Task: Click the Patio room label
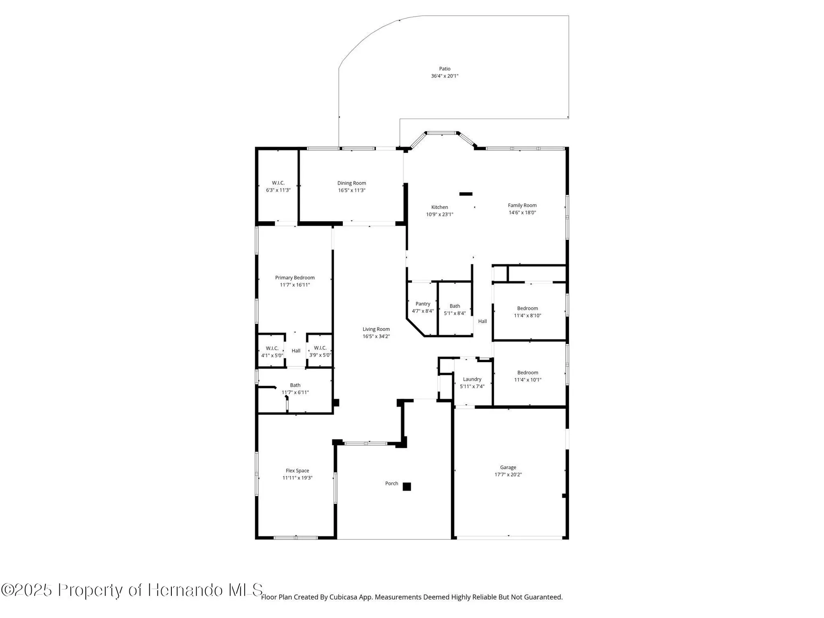pos(445,69)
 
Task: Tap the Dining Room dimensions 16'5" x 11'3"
pos(351,190)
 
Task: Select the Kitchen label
pos(440,207)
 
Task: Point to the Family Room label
pos(522,205)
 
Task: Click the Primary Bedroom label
pos(295,278)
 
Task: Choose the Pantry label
pos(423,304)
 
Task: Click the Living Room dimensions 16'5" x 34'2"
pos(376,336)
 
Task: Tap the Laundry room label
pos(472,379)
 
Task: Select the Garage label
pos(508,467)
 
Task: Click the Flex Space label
pos(297,471)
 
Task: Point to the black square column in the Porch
pos(407,487)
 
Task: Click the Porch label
pos(391,483)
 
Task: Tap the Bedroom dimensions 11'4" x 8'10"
pos(527,316)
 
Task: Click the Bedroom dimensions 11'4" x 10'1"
pos(527,380)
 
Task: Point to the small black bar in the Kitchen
pos(466,194)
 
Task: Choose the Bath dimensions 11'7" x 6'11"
pos(295,392)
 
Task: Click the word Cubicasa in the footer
pos(343,597)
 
